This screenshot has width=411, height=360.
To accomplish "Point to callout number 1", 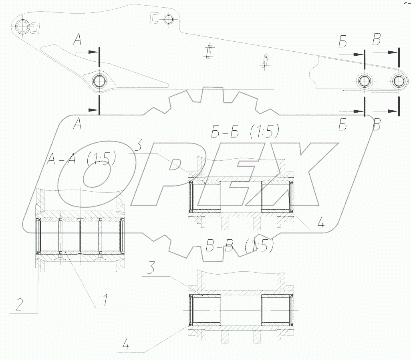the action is tap(105, 300).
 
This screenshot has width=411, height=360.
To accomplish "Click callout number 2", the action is tap(18, 304).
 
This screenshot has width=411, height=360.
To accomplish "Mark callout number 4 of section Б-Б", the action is tap(321, 224).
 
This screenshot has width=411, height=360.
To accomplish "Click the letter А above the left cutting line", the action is tap(77, 40).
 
